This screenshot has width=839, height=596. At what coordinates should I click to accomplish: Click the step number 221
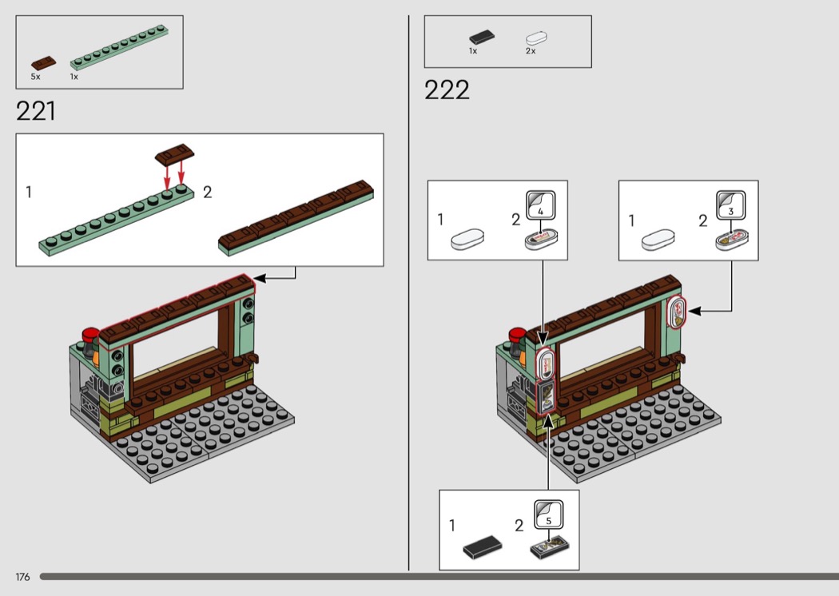click(36, 111)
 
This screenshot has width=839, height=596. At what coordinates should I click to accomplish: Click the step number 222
click(447, 90)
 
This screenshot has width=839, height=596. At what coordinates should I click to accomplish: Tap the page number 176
click(22, 577)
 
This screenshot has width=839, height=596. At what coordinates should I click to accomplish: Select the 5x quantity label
click(35, 77)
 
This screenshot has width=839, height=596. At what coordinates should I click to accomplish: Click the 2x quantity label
click(531, 51)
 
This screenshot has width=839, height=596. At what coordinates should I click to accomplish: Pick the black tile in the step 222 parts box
click(482, 37)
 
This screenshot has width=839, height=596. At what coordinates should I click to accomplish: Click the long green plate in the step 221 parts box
click(119, 47)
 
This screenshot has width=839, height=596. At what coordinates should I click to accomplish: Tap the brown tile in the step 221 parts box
click(43, 63)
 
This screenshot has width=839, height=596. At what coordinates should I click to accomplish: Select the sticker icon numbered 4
click(540, 205)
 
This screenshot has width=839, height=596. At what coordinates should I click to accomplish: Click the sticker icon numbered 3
click(731, 205)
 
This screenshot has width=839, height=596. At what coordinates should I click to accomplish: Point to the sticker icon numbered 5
click(548, 515)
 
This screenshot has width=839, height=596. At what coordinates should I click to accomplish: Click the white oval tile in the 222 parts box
click(536, 38)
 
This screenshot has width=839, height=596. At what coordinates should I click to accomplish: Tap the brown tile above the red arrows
click(174, 153)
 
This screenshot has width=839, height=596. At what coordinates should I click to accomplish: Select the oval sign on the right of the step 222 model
click(677, 312)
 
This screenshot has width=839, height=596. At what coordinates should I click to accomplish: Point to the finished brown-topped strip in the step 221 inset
click(296, 218)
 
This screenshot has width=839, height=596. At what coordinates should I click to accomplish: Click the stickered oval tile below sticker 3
click(731, 240)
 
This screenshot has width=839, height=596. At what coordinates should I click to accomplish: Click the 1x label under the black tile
click(473, 51)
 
